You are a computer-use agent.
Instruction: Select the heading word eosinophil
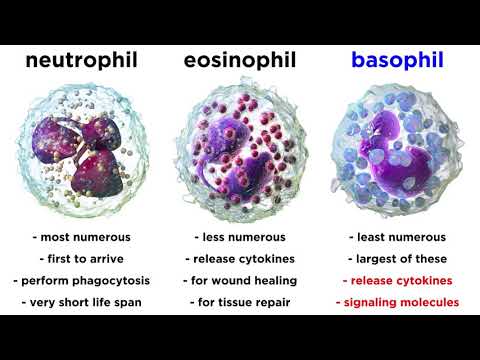click(239, 62)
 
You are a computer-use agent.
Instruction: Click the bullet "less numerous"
click(239, 237)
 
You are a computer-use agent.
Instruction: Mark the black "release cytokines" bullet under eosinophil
click(239, 257)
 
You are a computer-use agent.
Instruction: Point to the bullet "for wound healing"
click(239, 279)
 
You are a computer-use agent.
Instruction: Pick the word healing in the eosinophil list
click(273, 279)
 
